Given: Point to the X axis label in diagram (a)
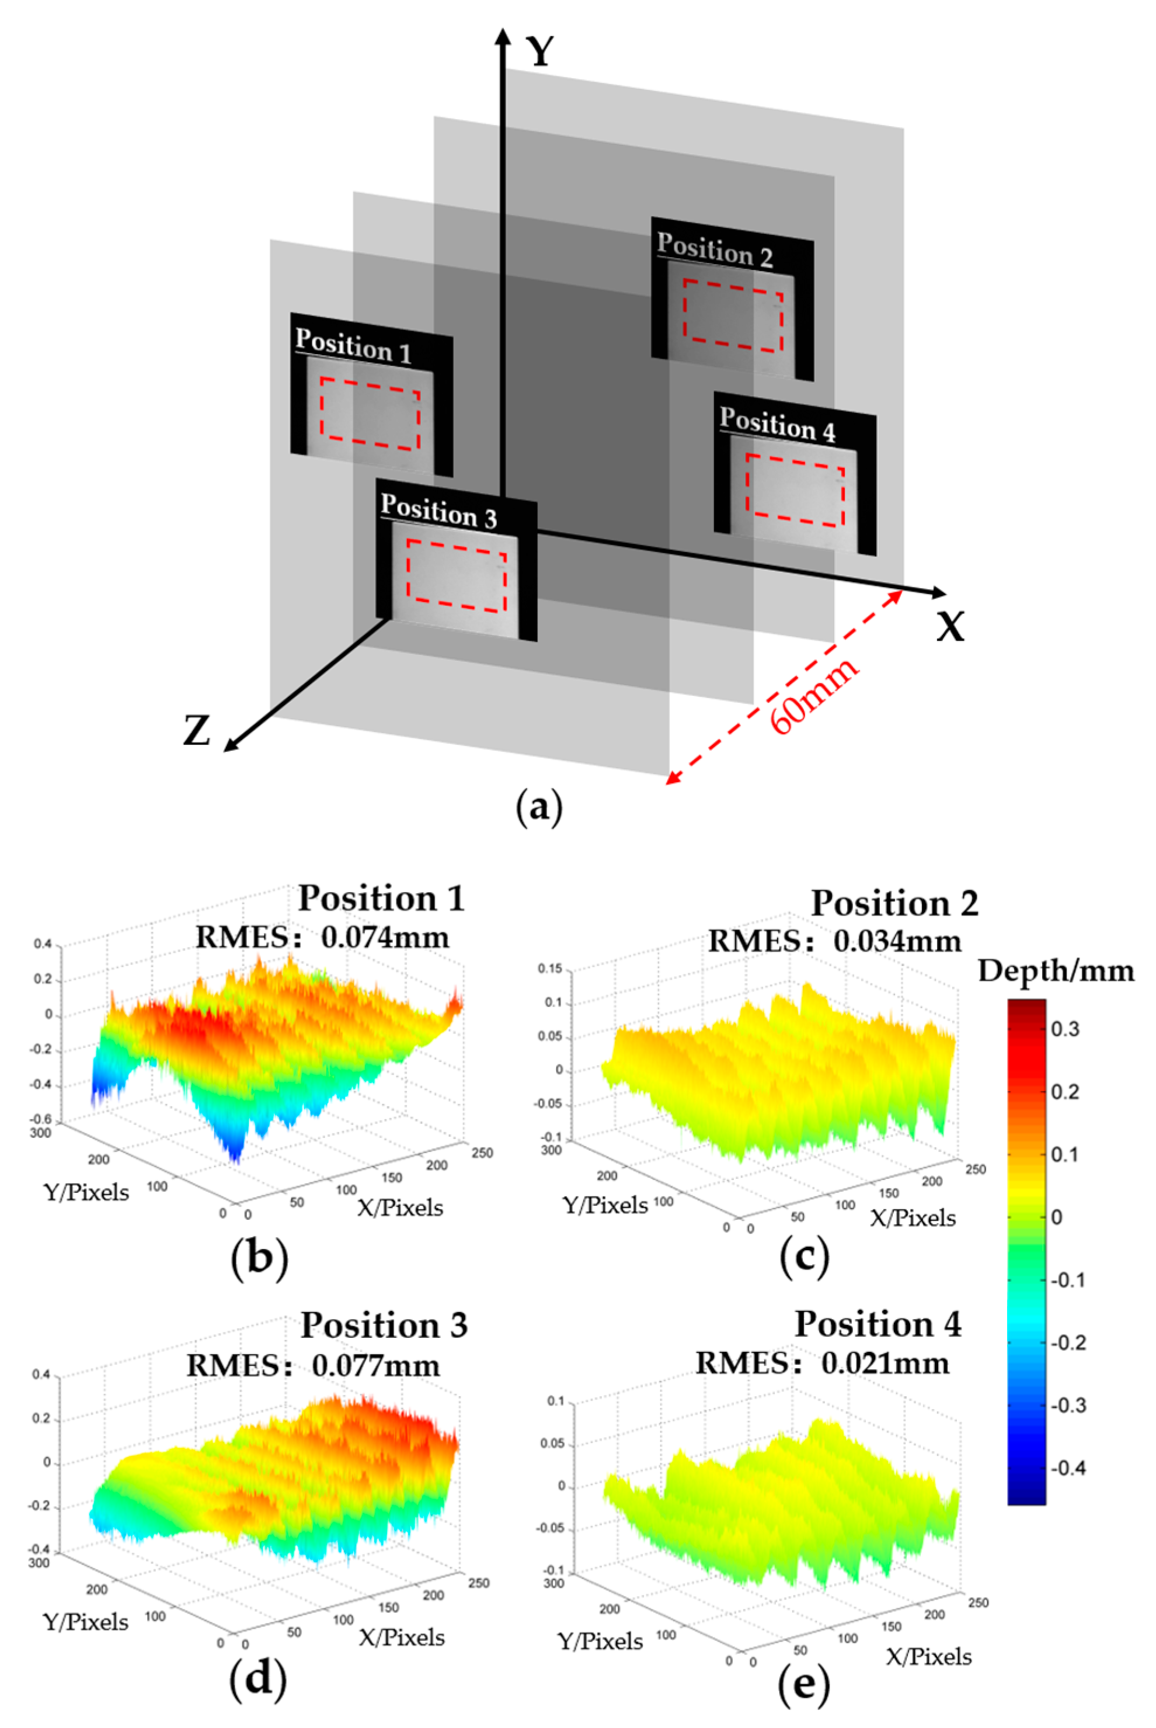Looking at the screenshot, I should (x=950, y=627).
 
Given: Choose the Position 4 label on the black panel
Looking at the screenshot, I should (x=778, y=424).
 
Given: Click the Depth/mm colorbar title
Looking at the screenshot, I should (x=1056, y=971).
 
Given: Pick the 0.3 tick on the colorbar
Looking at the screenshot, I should (x=1064, y=1029).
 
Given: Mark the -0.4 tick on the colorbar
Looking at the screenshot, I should (x=1067, y=1467).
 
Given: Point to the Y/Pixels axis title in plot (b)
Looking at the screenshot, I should (x=87, y=1192).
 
